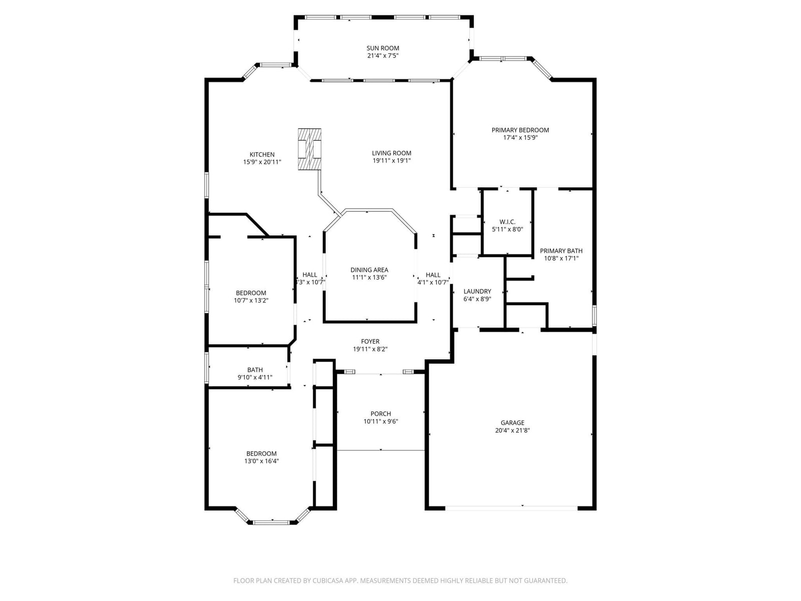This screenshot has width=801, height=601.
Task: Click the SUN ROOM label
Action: pos(382,48)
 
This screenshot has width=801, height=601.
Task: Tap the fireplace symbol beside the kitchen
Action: pos(309,149)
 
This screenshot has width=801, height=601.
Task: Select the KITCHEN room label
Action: pos(262,155)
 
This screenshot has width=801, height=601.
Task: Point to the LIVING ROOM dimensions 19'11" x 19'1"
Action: pos(391,161)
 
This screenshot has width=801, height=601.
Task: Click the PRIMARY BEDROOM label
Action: pos(520,130)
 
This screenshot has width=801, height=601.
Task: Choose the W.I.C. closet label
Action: pos(507,222)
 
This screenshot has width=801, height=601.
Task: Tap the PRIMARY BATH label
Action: pos(561,251)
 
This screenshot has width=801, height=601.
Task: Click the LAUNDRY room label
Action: pos(477,291)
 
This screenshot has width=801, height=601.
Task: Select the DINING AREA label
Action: pos(369,270)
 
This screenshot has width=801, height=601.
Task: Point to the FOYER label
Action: pos(370,342)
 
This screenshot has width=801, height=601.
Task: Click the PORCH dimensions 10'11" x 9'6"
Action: pos(380,422)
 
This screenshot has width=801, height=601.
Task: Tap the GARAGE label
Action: pos(512,423)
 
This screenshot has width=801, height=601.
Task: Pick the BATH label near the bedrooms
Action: pos(255,370)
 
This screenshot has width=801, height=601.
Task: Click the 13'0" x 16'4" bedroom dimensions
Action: pos(261,461)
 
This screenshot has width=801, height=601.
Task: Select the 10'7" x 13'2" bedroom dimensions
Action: pos(251,300)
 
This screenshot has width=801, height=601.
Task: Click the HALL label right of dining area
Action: pos(433,275)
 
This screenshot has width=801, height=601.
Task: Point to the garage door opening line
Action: pos(511,507)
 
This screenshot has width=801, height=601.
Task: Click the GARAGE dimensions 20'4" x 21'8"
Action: pos(512,431)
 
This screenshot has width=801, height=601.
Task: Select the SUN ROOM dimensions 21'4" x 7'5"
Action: pos(382,56)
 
